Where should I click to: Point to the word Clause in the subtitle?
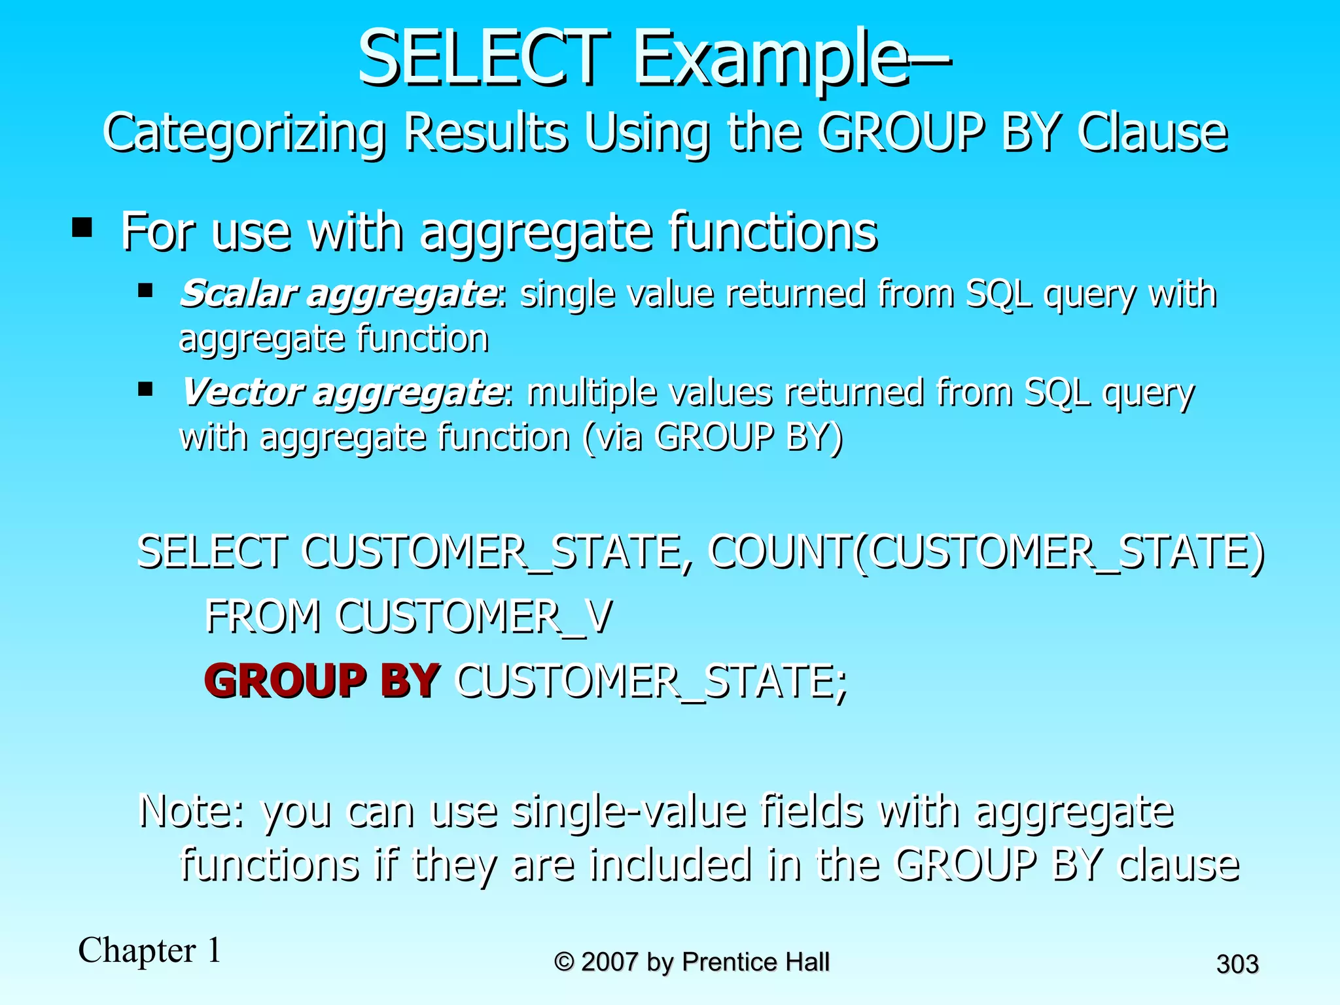tap(1152, 133)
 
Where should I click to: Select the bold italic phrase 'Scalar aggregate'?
tap(338, 293)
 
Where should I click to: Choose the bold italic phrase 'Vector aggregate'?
tap(342, 392)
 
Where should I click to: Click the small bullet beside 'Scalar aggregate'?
tap(145, 289)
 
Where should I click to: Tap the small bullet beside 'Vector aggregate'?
tap(145, 389)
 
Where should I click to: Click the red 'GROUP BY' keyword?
tap(322, 680)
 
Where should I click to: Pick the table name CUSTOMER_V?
tap(474, 616)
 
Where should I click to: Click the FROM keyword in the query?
tap(263, 616)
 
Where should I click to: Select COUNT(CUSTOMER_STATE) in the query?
tap(987, 552)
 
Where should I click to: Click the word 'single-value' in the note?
tap(628, 811)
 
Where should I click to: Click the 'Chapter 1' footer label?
tap(150, 950)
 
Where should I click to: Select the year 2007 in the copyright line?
tap(609, 962)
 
